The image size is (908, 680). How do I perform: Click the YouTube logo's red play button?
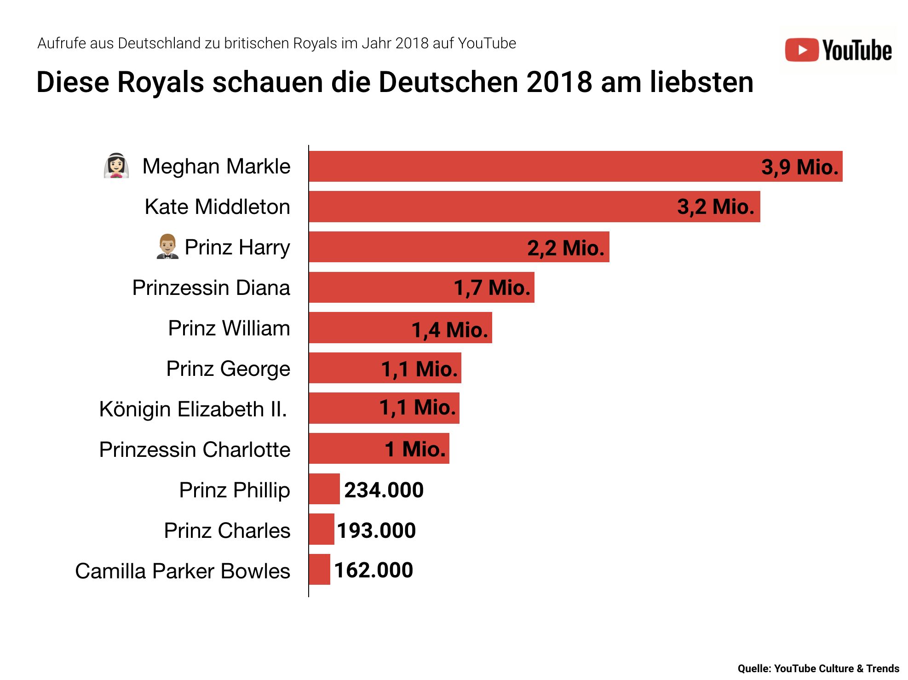801,50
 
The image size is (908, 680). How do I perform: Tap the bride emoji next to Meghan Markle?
116,166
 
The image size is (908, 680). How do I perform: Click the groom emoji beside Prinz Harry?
167,247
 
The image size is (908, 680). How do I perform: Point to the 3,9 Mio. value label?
799,167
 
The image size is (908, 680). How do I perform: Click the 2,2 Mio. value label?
565,248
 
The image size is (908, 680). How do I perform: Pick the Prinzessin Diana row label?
211,288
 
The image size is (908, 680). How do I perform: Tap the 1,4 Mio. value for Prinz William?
449,330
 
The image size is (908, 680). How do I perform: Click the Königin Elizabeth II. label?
193,409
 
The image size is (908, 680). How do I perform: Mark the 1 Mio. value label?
415,449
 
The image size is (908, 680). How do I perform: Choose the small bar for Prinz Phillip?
324,489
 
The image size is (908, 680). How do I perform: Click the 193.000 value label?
376,530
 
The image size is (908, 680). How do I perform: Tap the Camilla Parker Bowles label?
183,571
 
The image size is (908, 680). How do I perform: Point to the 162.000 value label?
374,571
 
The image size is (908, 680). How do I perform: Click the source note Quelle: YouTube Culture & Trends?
818,668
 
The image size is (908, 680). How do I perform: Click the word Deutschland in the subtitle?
159,43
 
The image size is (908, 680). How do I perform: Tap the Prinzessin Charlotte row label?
195,449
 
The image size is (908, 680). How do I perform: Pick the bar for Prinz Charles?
322,529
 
